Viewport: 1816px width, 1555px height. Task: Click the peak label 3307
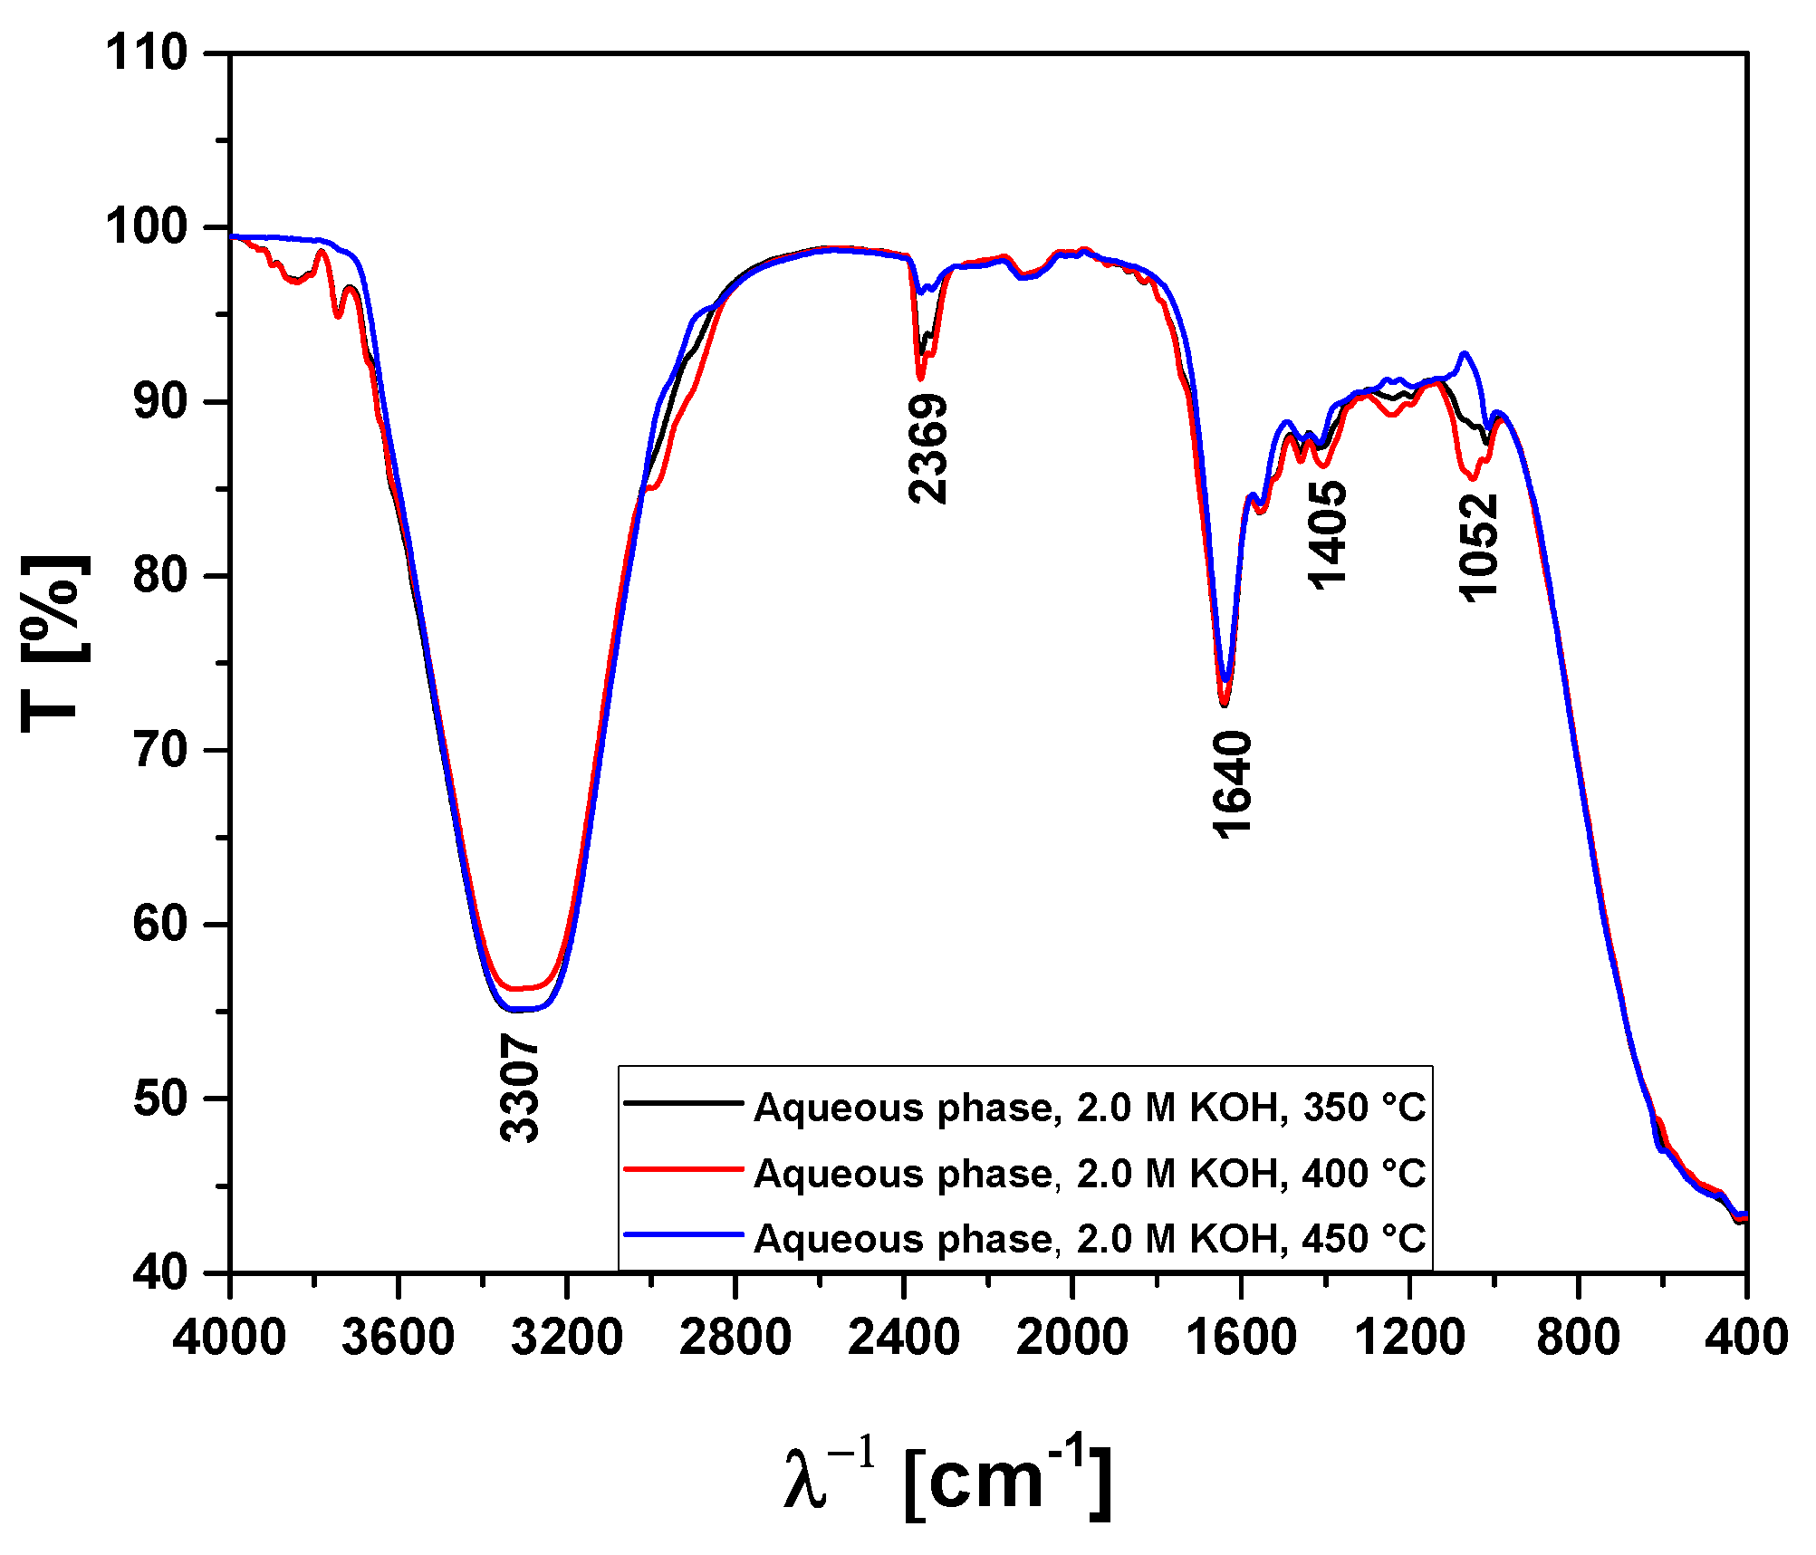(x=520, y=1090)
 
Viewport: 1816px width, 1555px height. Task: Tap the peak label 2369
(x=928, y=448)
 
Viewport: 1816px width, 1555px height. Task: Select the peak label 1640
(x=1233, y=785)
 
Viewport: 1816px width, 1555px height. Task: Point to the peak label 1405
(x=1328, y=535)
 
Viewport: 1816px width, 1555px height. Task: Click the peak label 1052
(x=1479, y=548)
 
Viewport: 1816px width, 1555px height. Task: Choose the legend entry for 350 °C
(x=1090, y=1108)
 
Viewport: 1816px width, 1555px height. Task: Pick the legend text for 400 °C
(x=1090, y=1174)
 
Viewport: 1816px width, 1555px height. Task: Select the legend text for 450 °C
(x=1090, y=1239)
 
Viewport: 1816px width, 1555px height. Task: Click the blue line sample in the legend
(x=684, y=1233)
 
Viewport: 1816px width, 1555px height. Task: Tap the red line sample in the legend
(x=684, y=1168)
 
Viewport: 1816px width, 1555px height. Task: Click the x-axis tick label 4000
(x=229, y=1338)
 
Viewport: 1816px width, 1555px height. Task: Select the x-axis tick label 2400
(x=903, y=1338)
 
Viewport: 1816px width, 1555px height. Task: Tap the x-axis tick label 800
(x=1578, y=1338)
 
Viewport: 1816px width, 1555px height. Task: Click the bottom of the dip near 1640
(x=1224, y=703)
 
